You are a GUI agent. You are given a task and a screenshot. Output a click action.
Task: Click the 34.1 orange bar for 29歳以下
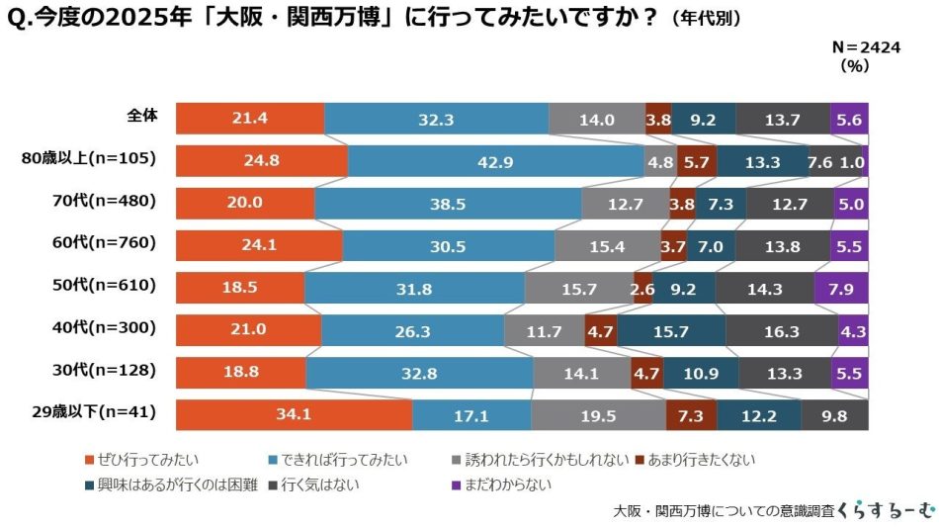click(294, 415)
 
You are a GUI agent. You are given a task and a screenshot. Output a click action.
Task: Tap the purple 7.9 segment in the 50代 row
click(840, 288)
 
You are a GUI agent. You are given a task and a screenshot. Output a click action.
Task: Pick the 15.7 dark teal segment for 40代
click(671, 331)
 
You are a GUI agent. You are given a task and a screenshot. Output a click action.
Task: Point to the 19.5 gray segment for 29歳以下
click(598, 415)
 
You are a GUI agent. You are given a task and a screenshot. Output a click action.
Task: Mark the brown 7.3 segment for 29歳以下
click(691, 415)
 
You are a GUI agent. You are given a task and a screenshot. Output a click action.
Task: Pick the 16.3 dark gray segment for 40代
click(781, 331)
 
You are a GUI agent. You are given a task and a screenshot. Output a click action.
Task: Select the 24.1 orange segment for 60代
click(259, 246)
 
